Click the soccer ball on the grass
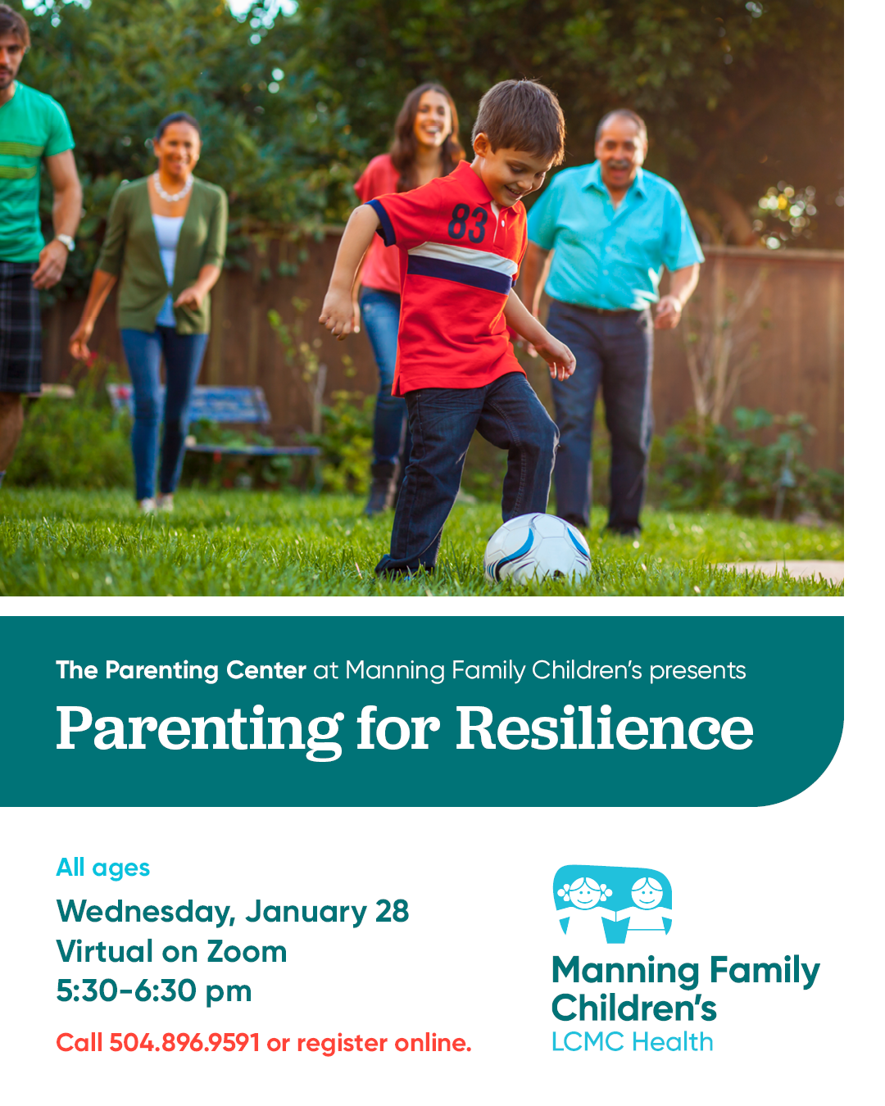(x=537, y=548)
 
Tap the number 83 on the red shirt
(x=467, y=222)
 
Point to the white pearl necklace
(x=173, y=188)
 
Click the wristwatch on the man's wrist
(x=66, y=241)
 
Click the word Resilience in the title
(x=605, y=728)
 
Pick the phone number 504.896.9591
(x=184, y=1043)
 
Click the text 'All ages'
(x=103, y=868)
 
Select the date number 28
(x=392, y=912)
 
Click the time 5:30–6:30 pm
(x=154, y=992)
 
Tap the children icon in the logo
(x=612, y=904)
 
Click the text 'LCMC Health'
(x=633, y=1042)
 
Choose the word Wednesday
(x=146, y=913)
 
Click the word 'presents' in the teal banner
(x=697, y=672)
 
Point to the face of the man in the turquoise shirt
(x=619, y=154)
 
